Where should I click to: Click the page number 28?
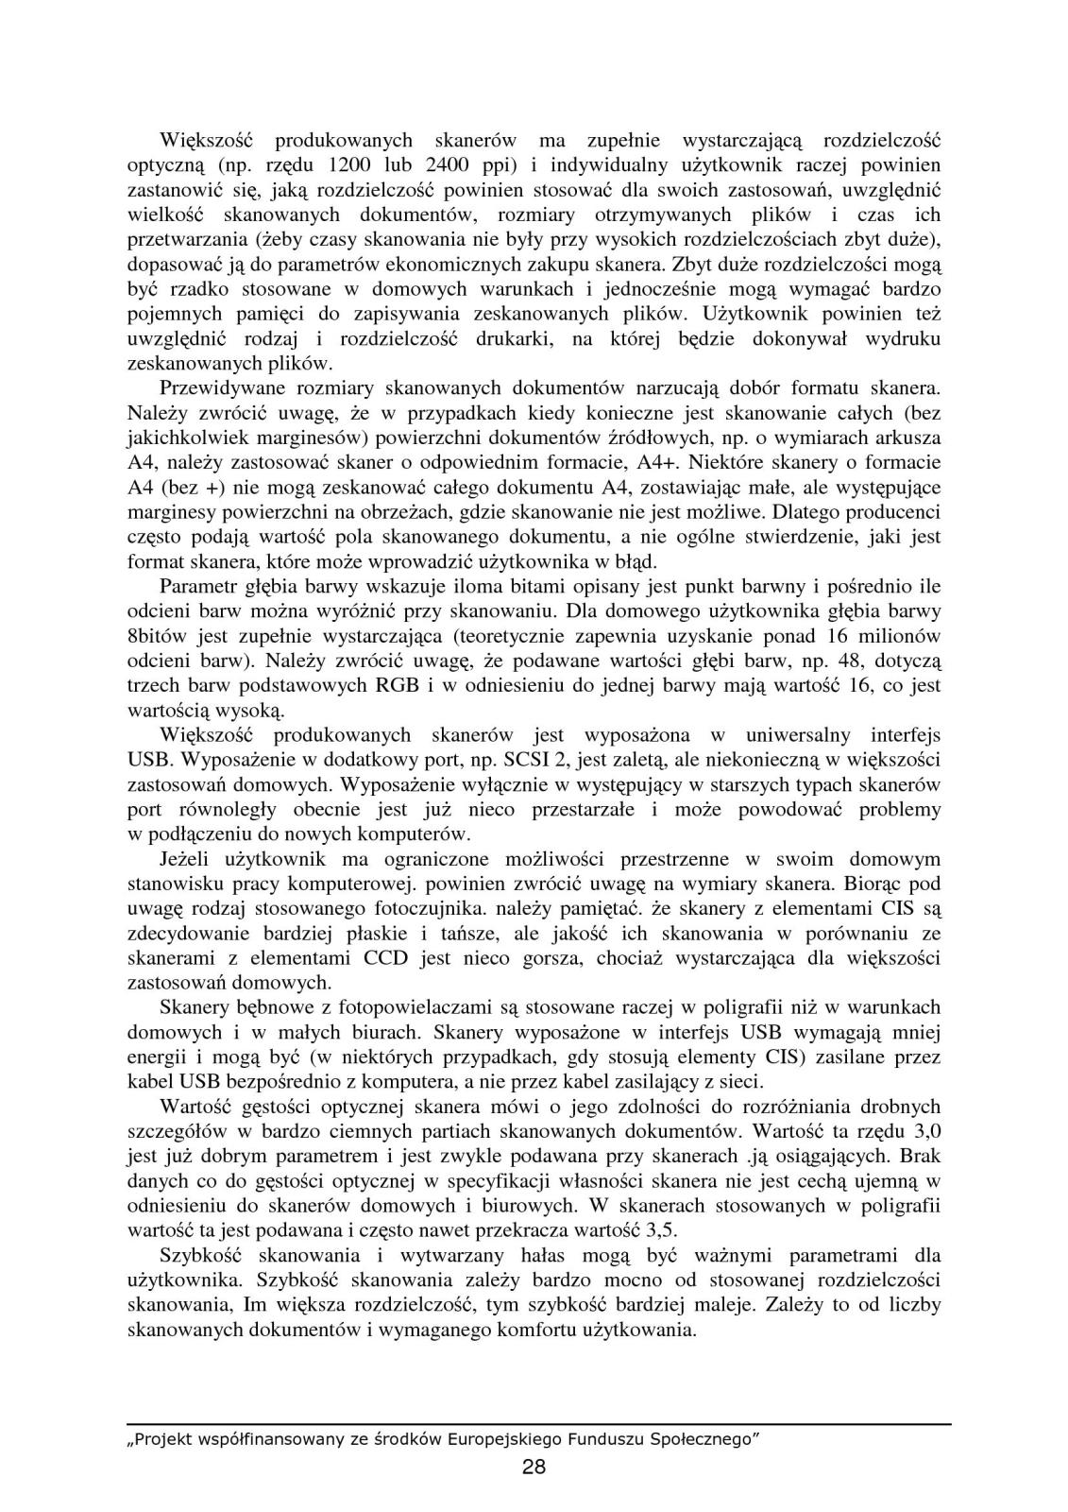[534, 1467]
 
